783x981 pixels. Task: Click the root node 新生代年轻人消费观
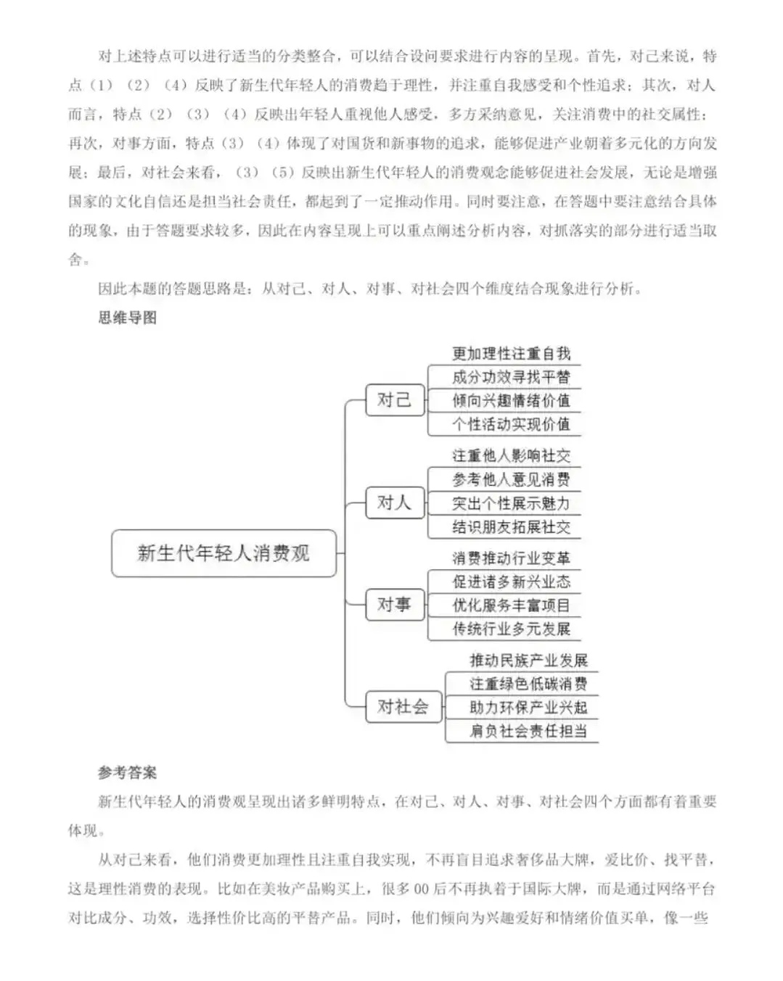(x=224, y=553)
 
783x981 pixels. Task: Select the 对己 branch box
(x=394, y=400)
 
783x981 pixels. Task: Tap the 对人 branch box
(x=394, y=502)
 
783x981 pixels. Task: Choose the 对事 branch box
(x=394, y=605)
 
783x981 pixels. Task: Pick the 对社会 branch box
(x=403, y=707)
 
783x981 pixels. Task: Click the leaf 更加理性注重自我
(x=511, y=354)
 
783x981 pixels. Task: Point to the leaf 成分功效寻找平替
(x=511, y=377)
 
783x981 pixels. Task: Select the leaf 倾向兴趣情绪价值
(x=511, y=400)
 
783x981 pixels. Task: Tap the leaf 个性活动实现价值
(x=511, y=424)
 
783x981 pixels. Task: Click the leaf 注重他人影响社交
(x=511, y=456)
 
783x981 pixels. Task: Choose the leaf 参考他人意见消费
(x=511, y=479)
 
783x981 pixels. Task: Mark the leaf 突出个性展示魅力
(x=511, y=503)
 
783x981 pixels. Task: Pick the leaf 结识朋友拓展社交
(x=511, y=527)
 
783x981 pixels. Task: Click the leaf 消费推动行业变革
(x=511, y=558)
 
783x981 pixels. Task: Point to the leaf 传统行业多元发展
(x=511, y=629)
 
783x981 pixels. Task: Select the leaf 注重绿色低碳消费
(x=528, y=684)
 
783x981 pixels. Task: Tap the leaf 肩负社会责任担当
(x=528, y=731)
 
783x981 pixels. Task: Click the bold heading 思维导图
(x=127, y=318)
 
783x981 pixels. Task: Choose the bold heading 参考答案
(x=127, y=772)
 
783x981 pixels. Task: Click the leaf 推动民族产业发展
(x=528, y=661)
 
